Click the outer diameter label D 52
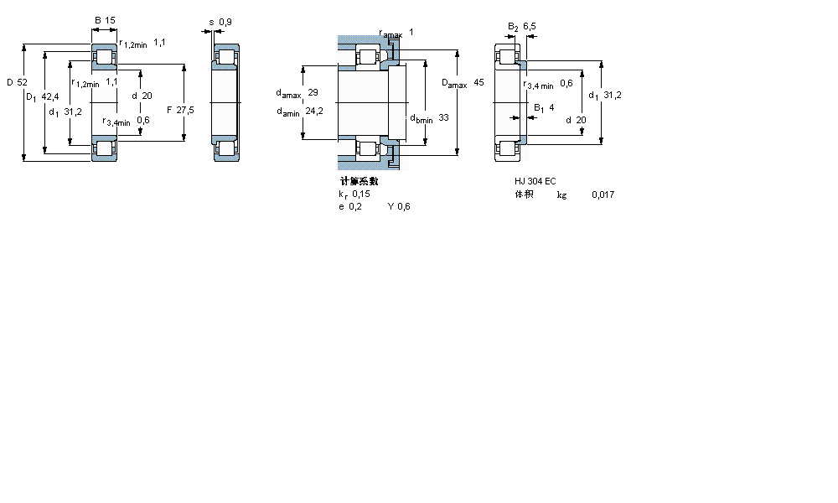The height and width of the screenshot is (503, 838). click(x=17, y=82)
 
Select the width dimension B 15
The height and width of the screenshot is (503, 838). click(x=104, y=19)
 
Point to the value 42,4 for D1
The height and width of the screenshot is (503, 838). click(x=51, y=97)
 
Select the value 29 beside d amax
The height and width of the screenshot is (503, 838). click(x=313, y=92)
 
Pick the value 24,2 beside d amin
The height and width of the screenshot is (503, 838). click(x=315, y=111)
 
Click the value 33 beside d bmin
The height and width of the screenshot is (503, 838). click(x=443, y=117)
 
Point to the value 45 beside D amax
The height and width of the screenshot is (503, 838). click(x=478, y=83)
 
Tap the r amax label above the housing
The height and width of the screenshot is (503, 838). click(x=391, y=34)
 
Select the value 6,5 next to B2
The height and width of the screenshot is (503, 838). click(x=530, y=27)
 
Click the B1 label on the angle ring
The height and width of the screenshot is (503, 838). click(x=540, y=107)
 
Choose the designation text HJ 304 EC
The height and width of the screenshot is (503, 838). click(x=535, y=181)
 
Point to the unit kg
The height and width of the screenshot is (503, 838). click(x=561, y=194)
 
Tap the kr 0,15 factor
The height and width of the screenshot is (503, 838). click(x=354, y=194)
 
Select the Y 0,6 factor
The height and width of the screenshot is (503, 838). click(x=399, y=207)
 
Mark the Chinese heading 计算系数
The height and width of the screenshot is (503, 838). click(x=359, y=181)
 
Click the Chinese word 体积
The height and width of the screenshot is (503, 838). click(x=524, y=194)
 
